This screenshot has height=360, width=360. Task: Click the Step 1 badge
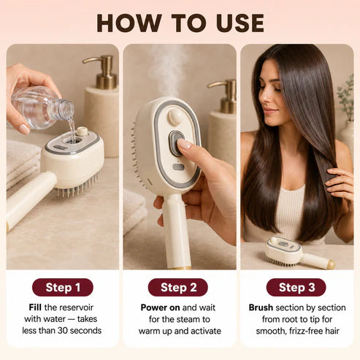[63, 287]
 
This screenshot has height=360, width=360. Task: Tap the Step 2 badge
[178, 287]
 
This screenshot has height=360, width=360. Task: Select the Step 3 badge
[296, 287]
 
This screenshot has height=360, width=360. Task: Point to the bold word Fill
[35, 307]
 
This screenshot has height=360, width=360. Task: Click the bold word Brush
[261, 307]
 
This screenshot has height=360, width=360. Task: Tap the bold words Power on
[160, 307]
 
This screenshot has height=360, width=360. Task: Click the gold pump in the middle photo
[224, 96]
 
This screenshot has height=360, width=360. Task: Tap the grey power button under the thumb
[176, 143]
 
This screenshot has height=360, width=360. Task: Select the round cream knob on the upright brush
[175, 116]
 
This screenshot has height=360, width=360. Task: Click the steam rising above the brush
[168, 71]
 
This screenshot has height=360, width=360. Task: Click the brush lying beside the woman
[299, 253]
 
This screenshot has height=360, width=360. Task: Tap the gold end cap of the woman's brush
[332, 264]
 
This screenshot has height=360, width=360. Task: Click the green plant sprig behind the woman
[346, 97]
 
